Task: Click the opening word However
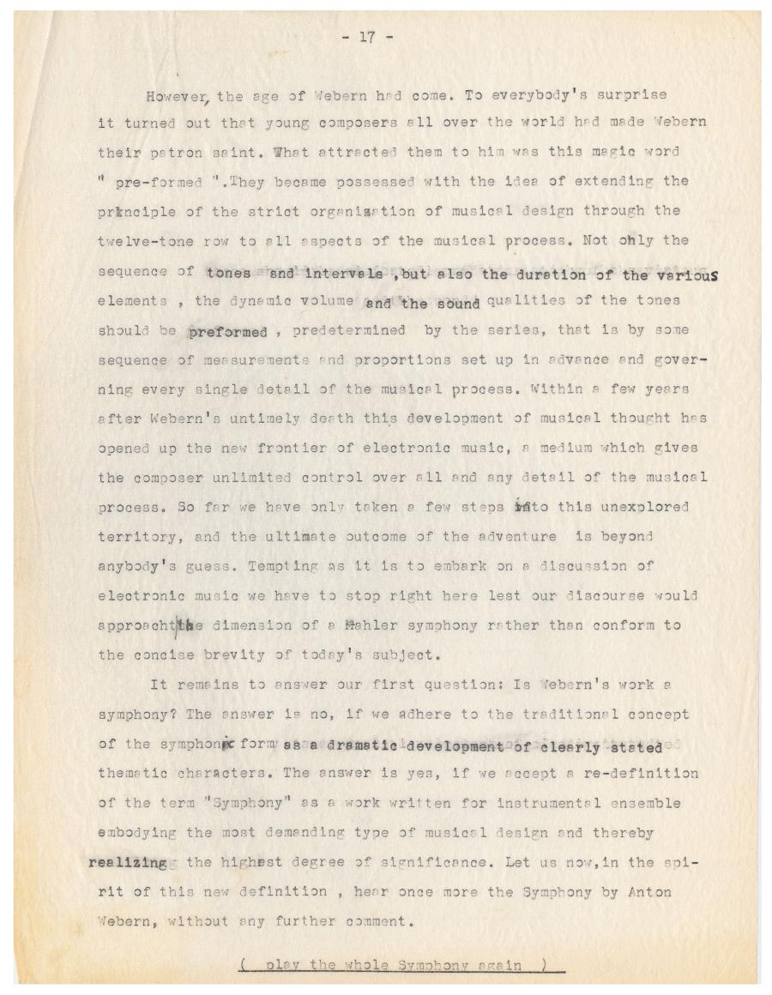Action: tap(174, 94)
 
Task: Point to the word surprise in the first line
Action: tap(631, 93)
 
